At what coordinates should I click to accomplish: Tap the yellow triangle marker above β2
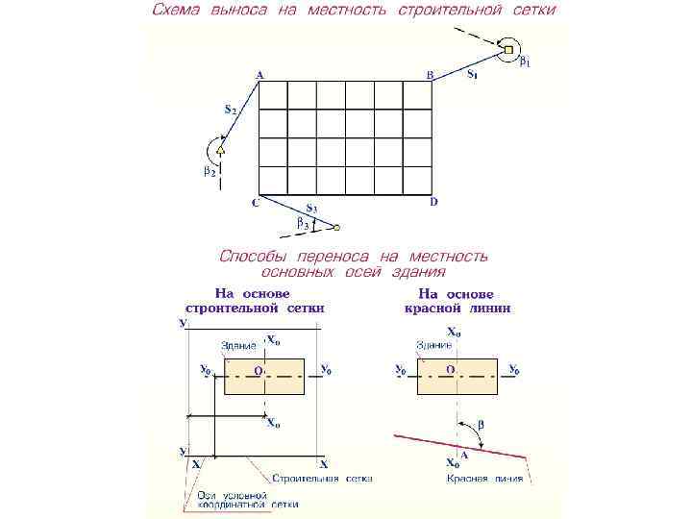[x=220, y=150]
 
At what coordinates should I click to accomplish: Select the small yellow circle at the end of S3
[x=336, y=228]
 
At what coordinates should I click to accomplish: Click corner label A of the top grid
[x=259, y=74]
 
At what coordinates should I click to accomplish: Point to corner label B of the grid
[x=430, y=74]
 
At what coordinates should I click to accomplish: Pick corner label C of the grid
[x=256, y=204]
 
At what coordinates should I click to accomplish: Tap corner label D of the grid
[x=433, y=202]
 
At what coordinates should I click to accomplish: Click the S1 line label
[x=473, y=73]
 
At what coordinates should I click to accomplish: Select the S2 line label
[x=231, y=111]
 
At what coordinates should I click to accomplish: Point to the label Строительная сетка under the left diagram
[x=322, y=478]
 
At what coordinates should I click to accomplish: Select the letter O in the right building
[x=450, y=369]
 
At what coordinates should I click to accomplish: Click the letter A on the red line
[x=464, y=454]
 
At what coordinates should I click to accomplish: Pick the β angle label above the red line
[x=482, y=424]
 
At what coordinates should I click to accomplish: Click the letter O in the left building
[x=257, y=370]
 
